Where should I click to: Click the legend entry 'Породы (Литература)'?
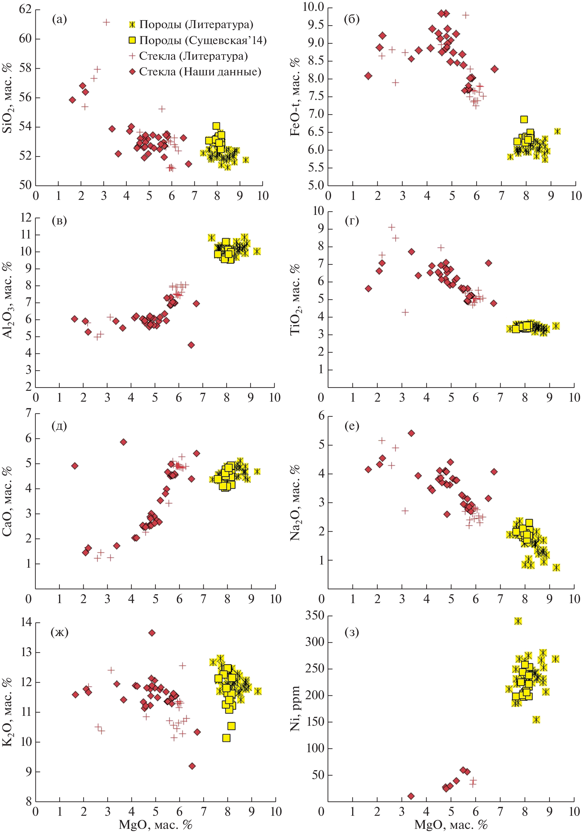pyautogui.click(x=196, y=24)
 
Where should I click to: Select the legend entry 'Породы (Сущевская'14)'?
pyautogui.click(x=202, y=40)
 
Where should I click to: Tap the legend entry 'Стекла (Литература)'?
pyautogui.click(x=193, y=56)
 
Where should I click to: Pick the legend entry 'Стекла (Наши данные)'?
pyautogui.click(x=200, y=72)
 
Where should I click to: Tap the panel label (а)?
pyautogui.click(x=59, y=19)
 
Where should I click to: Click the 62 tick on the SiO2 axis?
pyautogui.click(x=26, y=10)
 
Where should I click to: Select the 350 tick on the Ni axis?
pyautogui.click(x=314, y=615)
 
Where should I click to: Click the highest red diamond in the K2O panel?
pyautogui.click(x=152, y=633)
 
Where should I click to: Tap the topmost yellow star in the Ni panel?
pyautogui.click(x=518, y=621)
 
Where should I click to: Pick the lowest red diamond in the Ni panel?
pyautogui.click(x=411, y=796)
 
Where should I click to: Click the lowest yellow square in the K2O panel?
pyautogui.click(x=226, y=738)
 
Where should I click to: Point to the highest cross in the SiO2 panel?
pyautogui.click(x=106, y=22)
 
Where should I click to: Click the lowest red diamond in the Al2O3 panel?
pyautogui.click(x=191, y=345)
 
